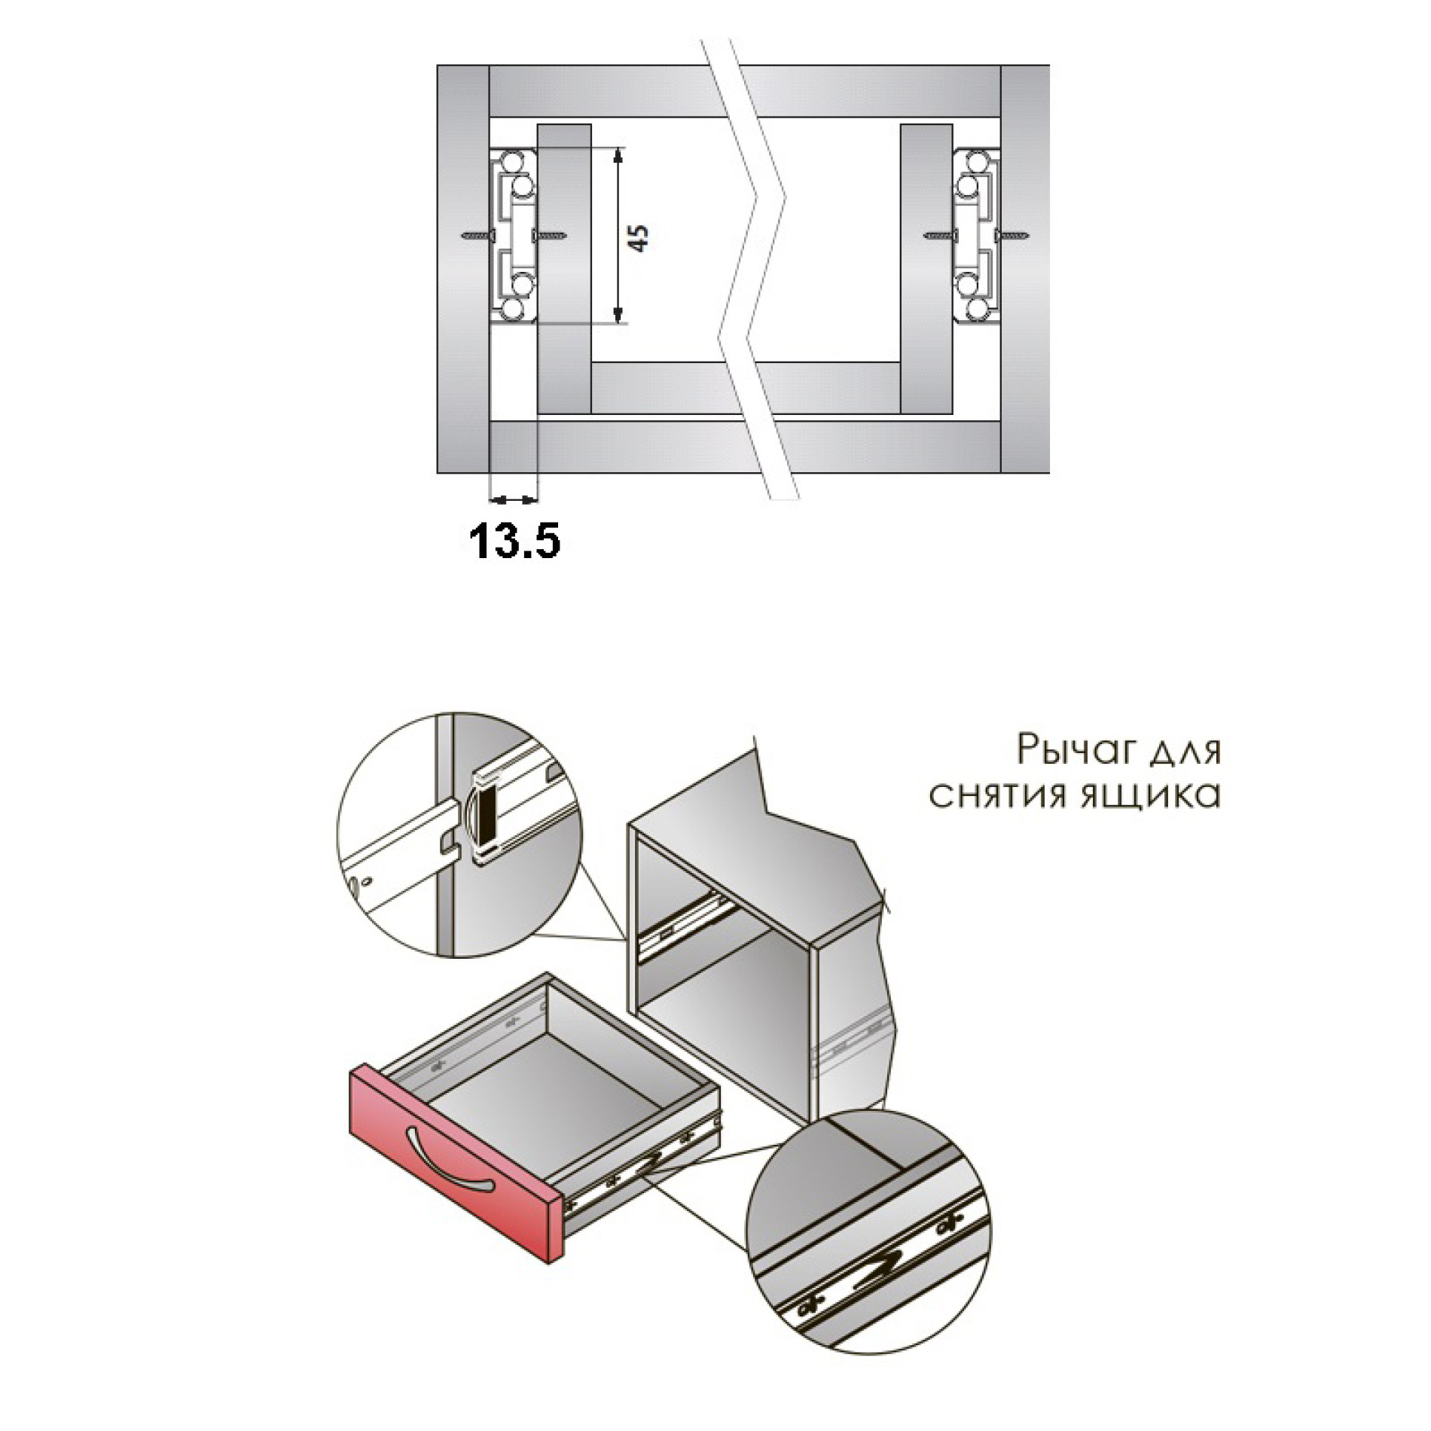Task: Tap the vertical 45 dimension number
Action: (x=637, y=237)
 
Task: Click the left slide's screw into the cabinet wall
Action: (x=475, y=235)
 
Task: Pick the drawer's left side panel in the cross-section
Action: (x=563, y=270)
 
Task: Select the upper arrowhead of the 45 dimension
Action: (x=618, y=155)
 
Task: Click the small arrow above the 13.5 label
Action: (x=514, y=498)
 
